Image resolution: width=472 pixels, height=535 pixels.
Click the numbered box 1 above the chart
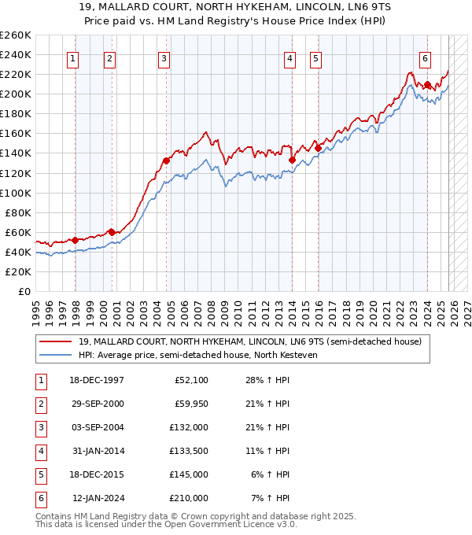tap(72, 57)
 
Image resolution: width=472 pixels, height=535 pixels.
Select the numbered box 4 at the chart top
tap(289, 57)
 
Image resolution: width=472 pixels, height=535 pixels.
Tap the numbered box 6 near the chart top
tap(425, 57)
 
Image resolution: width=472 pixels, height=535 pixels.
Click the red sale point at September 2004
tap(166, 160)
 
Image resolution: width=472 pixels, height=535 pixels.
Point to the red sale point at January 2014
tap(292, 160)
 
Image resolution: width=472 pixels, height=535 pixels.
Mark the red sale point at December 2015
tap(318, 147)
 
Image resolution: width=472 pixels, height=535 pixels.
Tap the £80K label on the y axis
tap(17, 212)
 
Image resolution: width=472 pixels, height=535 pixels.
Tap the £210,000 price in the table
tap(189, 497)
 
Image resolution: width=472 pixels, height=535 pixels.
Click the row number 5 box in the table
tap(39, 474)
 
